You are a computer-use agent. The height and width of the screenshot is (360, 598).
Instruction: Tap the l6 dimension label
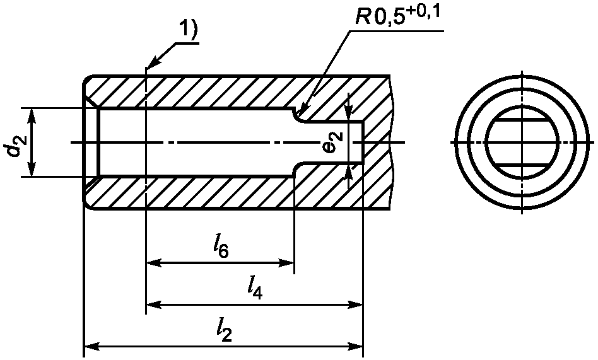(x=221, y=247)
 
